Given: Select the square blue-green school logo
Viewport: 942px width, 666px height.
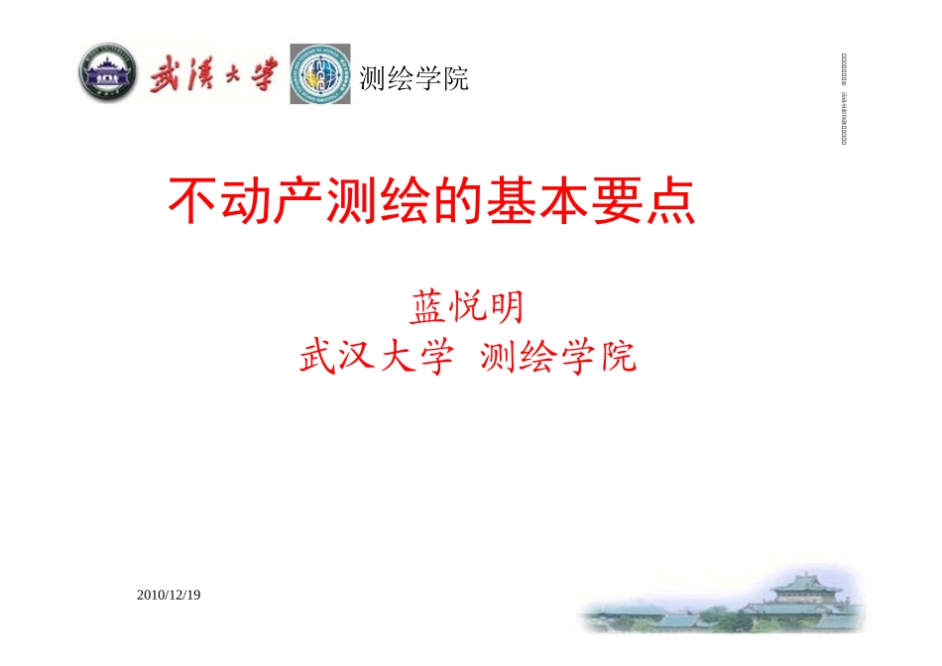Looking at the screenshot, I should click(320, 74).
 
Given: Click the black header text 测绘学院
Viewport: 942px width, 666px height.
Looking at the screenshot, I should click(413, 78).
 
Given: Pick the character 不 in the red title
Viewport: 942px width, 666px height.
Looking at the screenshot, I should click(190, 202).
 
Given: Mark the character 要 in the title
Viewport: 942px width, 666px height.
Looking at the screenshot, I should click(615, 202).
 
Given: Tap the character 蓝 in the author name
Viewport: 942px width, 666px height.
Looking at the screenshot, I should click(425, 308).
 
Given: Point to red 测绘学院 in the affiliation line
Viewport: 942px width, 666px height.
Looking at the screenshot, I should click(557, 357).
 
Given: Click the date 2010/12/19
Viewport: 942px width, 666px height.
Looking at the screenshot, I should click(169, 595).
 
